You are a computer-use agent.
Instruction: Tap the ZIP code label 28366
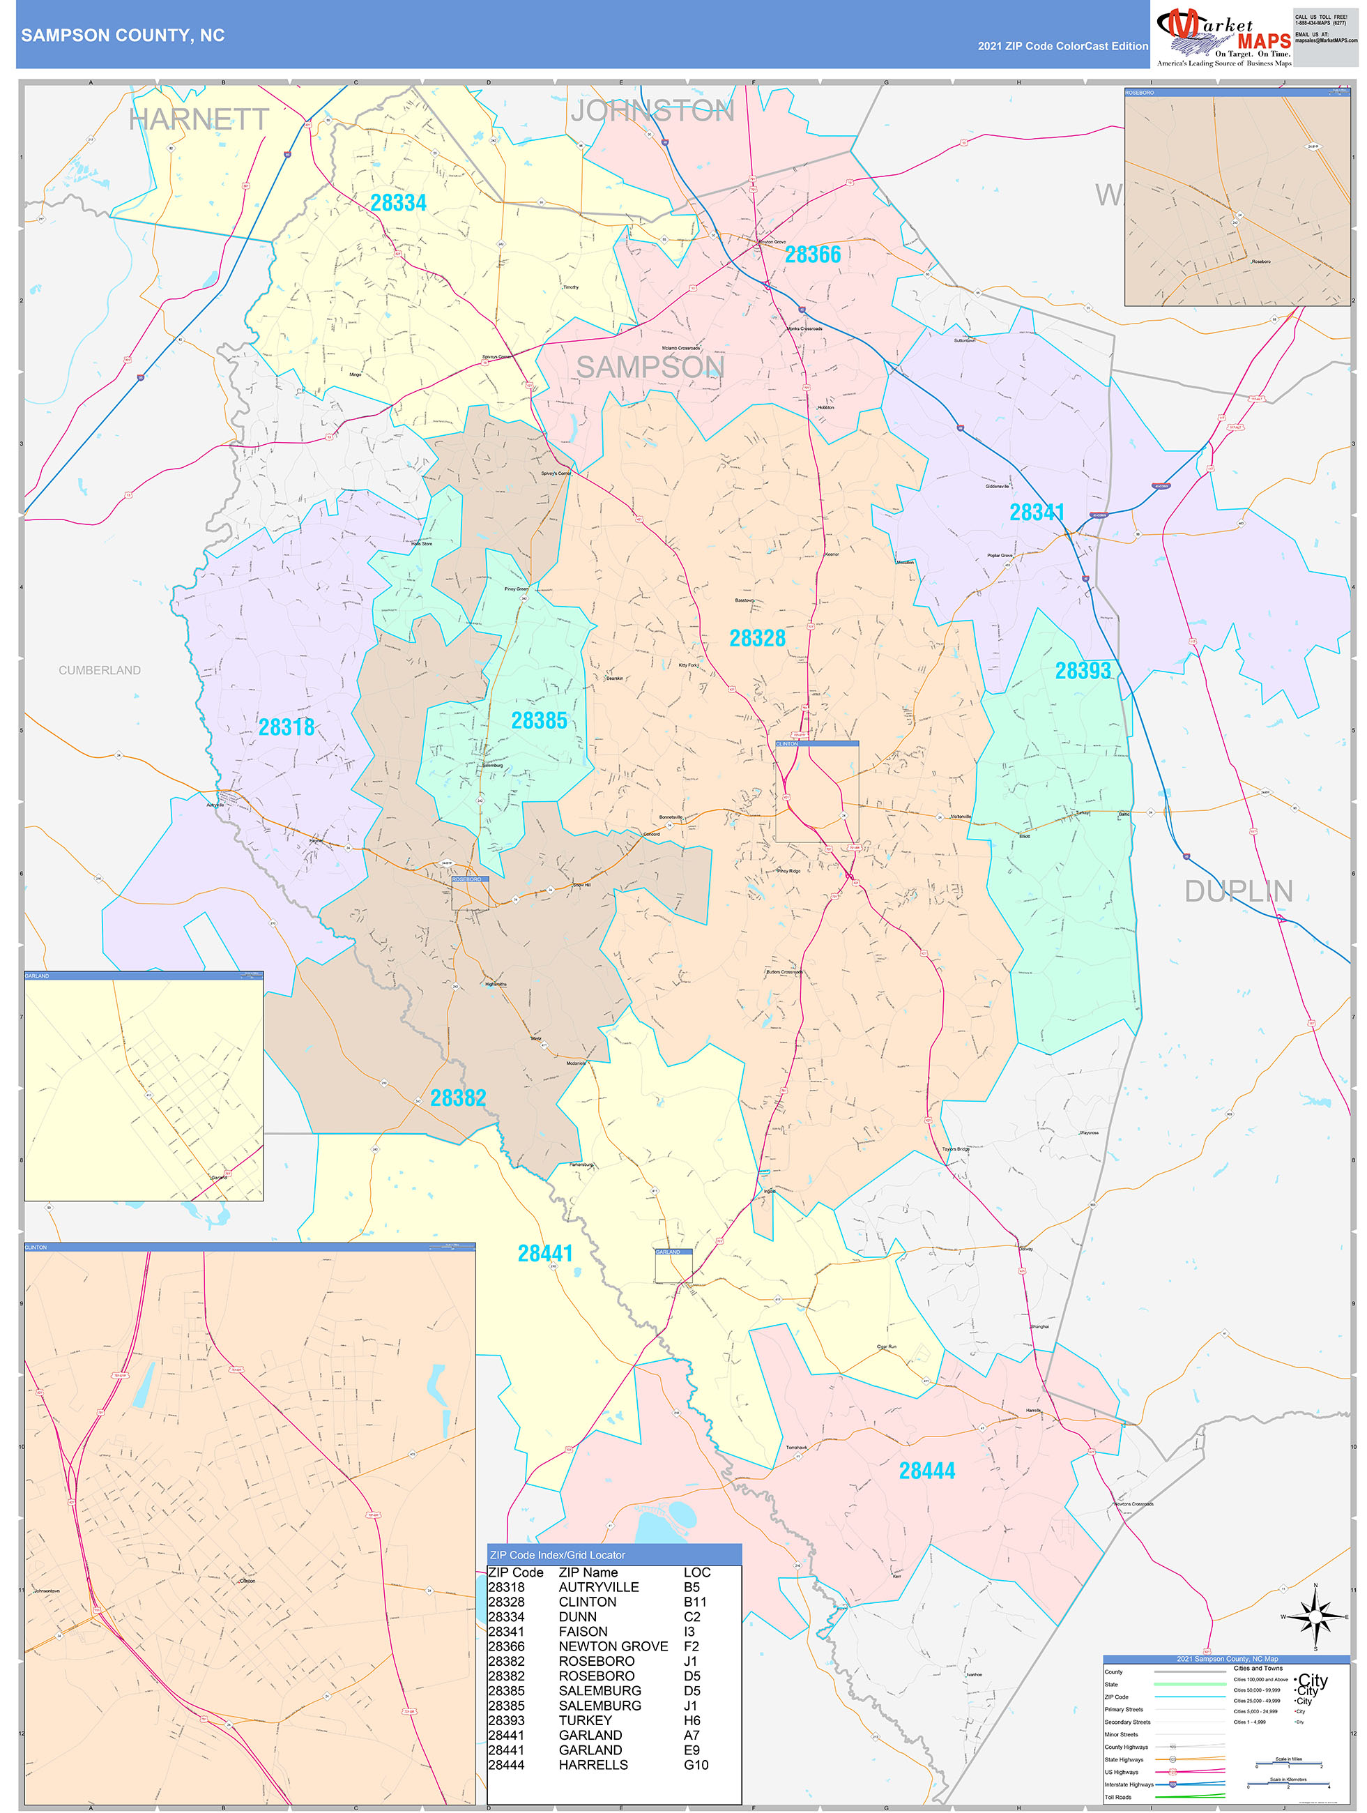(813, 255)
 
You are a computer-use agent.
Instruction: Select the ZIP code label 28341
(1037, 513)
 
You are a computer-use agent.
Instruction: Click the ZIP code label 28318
(286, 728)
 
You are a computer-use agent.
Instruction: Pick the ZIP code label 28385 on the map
(540, 721)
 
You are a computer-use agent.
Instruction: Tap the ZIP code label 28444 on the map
(927, 1471)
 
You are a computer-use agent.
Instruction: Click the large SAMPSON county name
(650, 368)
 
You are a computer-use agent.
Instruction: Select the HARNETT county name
(199, 120)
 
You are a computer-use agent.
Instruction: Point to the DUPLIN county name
(1238, 892)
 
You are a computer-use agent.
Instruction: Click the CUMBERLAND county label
(99, 670)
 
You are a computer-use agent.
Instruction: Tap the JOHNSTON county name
(652, 112)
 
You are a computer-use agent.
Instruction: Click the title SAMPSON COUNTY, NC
(123, 36)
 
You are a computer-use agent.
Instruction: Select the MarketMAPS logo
(1223, 37)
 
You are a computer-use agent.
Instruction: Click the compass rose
(1315, 1617)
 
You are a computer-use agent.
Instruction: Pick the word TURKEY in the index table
(584, 1720)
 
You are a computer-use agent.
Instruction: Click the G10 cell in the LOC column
(696, 1765)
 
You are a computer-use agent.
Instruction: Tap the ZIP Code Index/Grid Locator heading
(557, 1555)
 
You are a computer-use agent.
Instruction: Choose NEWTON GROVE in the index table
(612, 1646)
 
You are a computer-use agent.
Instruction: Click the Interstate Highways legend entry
(1129, 1784)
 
